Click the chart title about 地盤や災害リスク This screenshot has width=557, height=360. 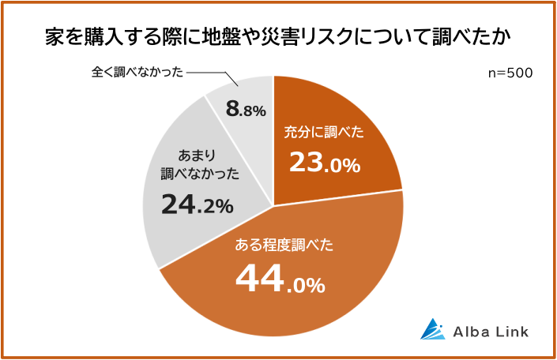click(x=278, y=37)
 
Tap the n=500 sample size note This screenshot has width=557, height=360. click(x=511, y=73)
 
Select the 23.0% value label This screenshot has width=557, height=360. click(x=324, y=163)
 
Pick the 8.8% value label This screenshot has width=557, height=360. click(x=245, y=110)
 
